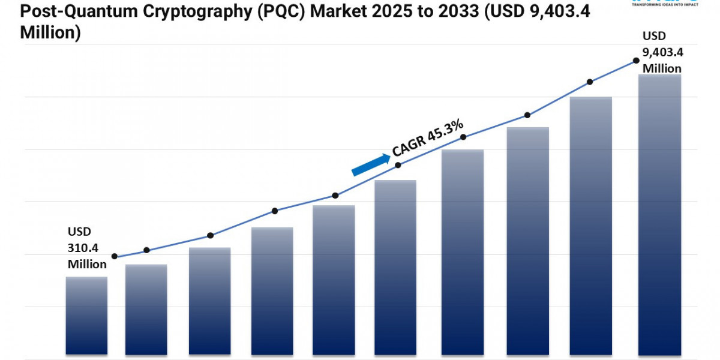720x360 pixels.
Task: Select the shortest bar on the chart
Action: click(86, 315)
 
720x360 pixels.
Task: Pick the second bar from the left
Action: click(146, 309)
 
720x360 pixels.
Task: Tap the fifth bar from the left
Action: click(334, 279)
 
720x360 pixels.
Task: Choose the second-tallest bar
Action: click(590, 225)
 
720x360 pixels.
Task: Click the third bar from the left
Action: click(209, 300)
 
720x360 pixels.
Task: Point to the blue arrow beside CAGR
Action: click(370, 164)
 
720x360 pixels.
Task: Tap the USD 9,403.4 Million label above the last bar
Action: click(662, 52)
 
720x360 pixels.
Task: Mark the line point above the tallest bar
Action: click(635, 61)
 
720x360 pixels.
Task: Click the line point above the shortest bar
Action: click(114, 257)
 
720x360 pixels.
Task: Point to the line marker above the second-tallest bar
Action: click(590, 82)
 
